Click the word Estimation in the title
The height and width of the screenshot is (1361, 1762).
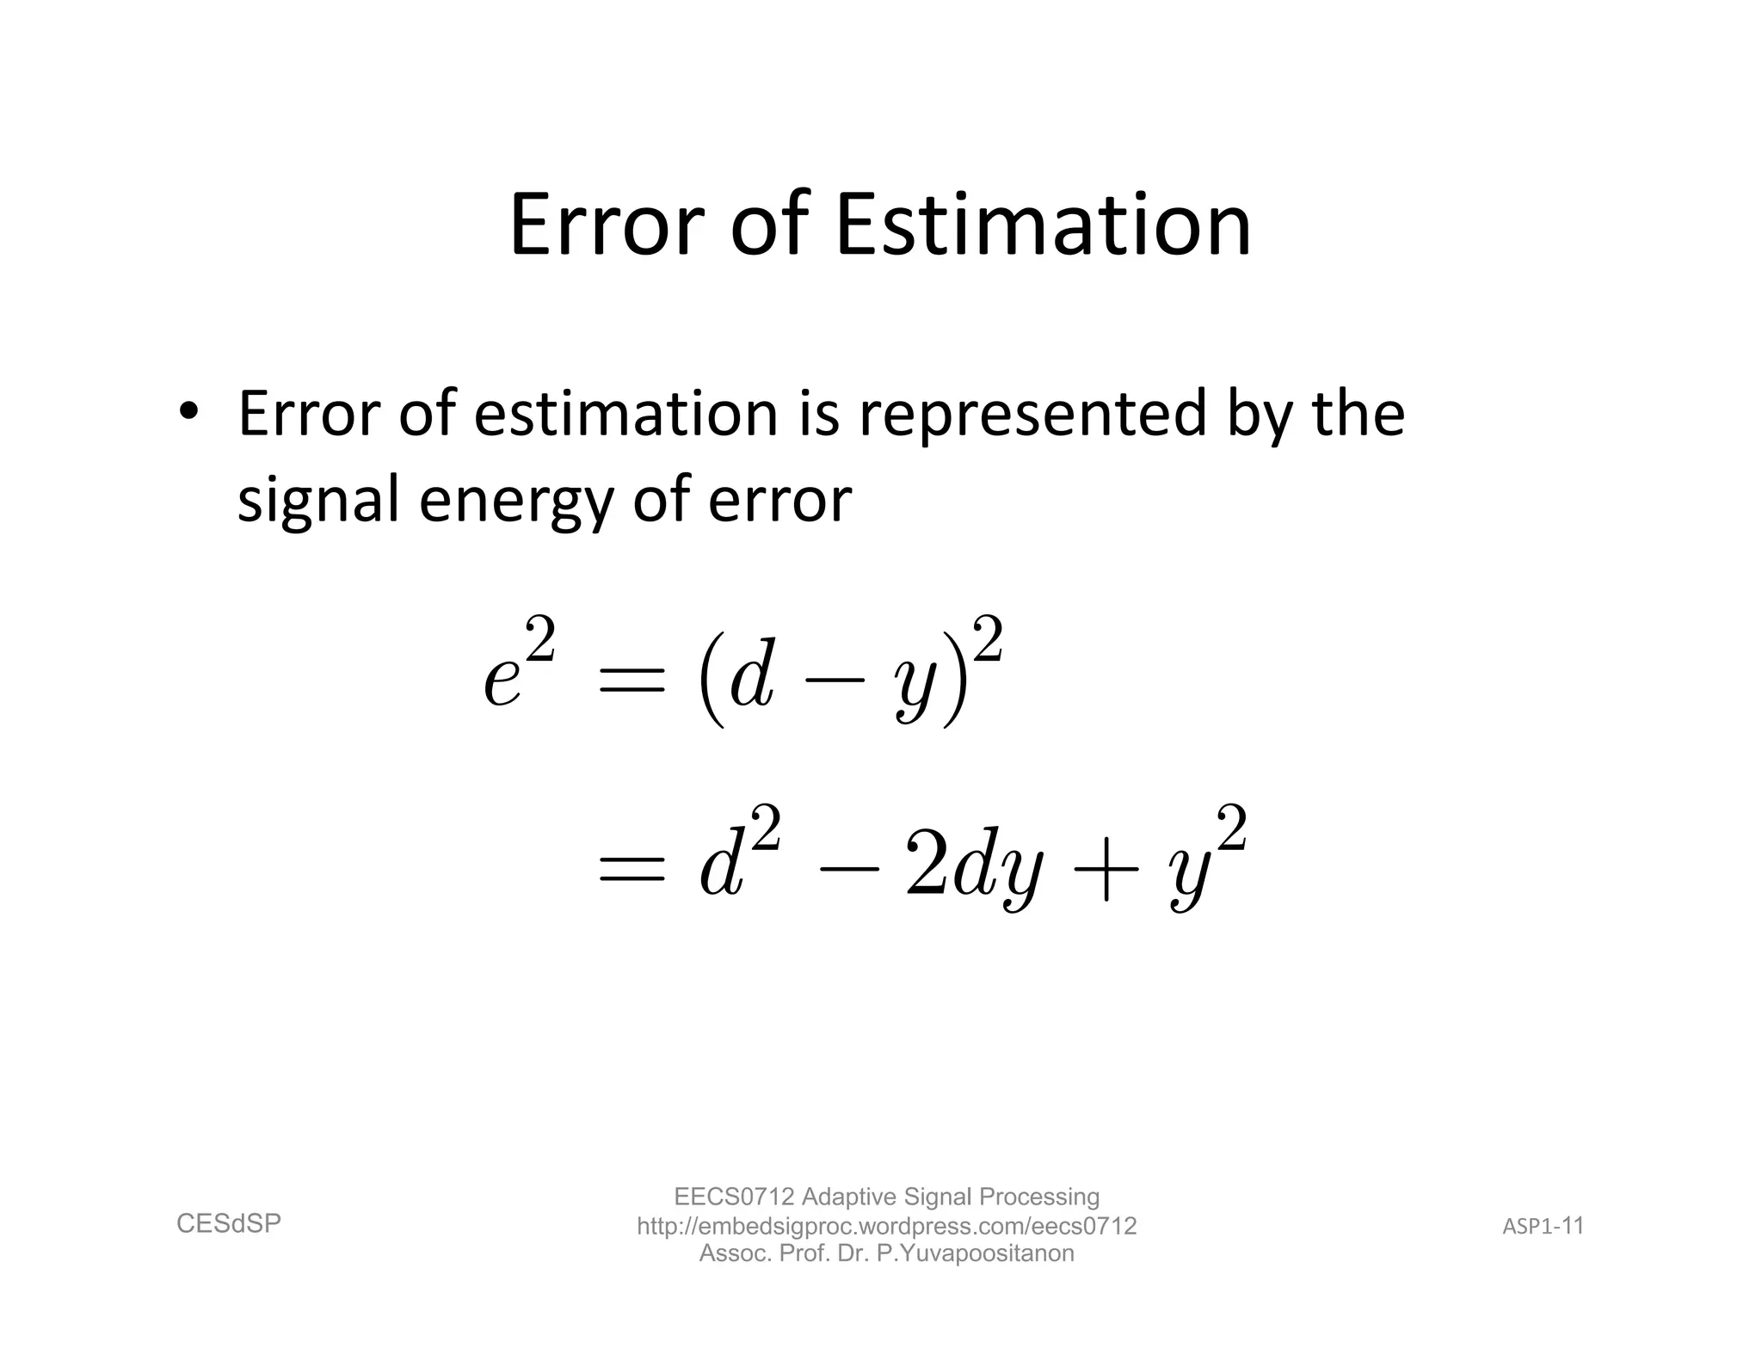(x=1043, y=225)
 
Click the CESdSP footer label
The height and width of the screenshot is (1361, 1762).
(x=229, y=1223)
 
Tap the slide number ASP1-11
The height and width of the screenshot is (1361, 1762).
(x=1543, y=1226)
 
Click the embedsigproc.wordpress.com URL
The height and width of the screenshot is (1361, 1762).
(x=886, y=1226)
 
